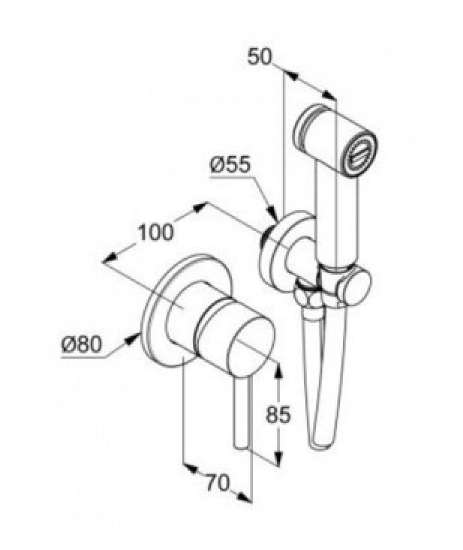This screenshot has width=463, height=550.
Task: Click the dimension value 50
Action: coord(260,56)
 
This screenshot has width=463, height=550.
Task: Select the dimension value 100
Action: coord(155,232)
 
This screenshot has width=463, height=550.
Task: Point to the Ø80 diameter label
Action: coord(82,344)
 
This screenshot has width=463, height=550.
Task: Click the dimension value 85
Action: coord(278,414)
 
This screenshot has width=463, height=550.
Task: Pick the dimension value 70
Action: coord(218,482)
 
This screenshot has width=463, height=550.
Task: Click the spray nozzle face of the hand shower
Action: coord(360,152)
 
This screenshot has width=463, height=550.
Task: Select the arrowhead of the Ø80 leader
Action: coord(132,339)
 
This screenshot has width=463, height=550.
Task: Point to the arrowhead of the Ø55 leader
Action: coord(272,214)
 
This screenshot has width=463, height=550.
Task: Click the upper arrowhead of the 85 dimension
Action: coord(278,370)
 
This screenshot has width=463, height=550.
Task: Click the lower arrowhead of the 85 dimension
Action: coord(278,458)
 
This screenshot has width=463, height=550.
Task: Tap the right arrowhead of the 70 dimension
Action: coord(245,497)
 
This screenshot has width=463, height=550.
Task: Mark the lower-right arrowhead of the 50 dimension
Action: coord(329,95)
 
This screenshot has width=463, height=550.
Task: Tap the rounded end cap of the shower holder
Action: coord(356,285)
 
